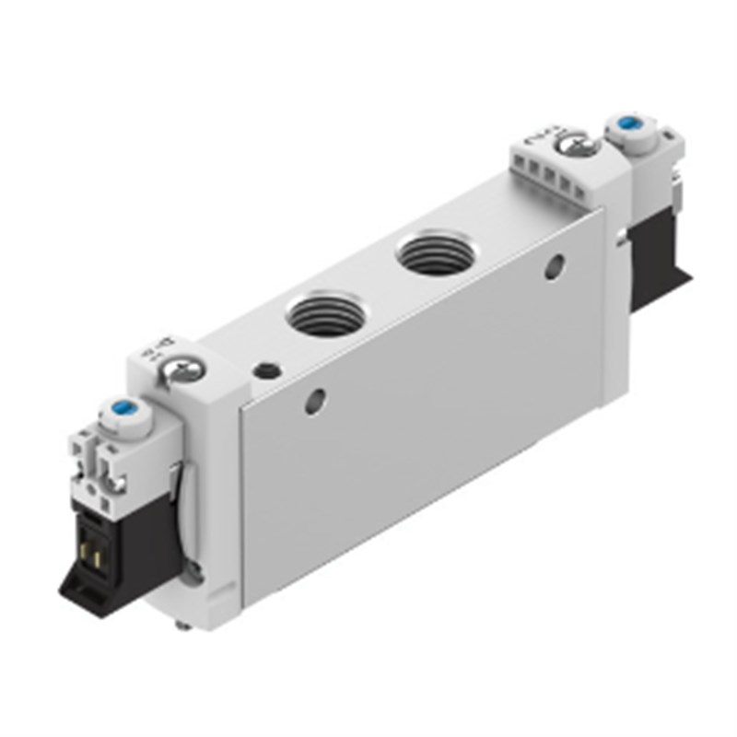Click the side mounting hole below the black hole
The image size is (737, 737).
(x=316, y=402)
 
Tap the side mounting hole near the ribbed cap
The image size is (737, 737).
(x=554, y=268)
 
